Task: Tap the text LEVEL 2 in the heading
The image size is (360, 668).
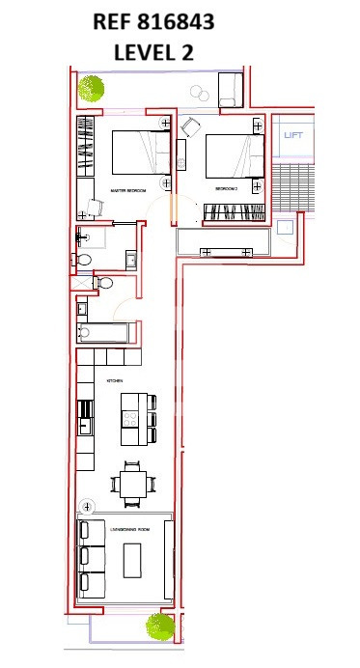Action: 153,52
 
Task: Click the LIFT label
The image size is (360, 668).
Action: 293,135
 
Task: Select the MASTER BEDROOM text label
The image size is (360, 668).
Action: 128,190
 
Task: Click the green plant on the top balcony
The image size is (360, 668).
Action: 92,89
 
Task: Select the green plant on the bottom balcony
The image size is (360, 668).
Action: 159,626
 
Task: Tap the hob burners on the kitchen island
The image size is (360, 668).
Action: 129,417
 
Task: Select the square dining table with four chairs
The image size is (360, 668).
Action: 131,482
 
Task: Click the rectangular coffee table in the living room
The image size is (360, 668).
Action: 131,559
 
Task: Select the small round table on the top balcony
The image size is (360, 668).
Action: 200,93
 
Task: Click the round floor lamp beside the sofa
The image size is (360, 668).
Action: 87,505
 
